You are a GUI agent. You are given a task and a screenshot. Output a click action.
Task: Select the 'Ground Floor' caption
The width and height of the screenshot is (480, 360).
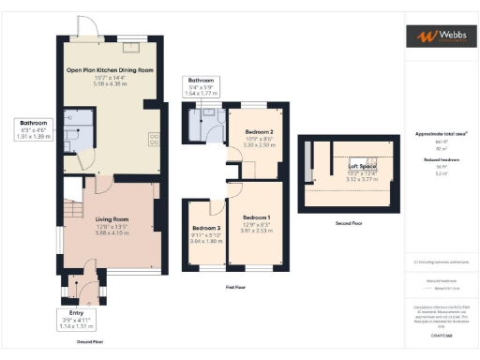point(91,342)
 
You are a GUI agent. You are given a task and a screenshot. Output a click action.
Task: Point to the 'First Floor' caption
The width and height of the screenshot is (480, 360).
point(234,287)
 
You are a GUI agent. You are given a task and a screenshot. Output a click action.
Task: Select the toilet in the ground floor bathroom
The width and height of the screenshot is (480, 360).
point(70,119)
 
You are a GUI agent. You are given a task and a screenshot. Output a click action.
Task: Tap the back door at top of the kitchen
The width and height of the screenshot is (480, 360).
point(87,30)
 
